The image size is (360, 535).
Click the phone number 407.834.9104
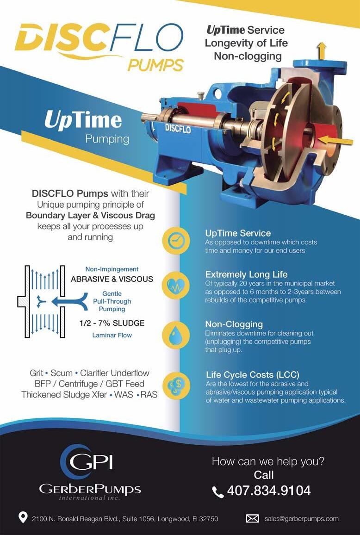pos(268,491)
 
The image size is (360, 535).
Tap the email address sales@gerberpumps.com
pos(301,519)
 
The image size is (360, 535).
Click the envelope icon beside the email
pos(252,519)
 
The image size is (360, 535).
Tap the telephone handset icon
pos(218,491)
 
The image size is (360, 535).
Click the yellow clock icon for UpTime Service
pos(176,240)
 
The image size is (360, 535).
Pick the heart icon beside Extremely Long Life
pos(176,285)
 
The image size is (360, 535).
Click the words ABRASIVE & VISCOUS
pos(112,279)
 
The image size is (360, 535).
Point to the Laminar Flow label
pos(112,335)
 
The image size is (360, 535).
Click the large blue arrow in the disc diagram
pos(69,301)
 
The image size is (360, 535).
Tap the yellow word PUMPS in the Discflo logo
pos(155,64)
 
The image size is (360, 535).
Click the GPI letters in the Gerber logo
pos(93,462)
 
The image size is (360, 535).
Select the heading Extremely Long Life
pos(246,274)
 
